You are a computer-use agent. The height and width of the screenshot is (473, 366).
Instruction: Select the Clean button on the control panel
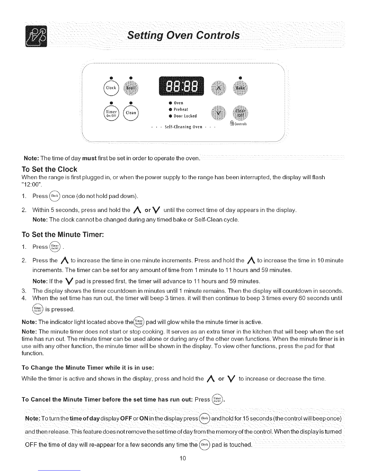(131, 113)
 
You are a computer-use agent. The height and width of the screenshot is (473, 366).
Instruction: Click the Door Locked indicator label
(184, 116)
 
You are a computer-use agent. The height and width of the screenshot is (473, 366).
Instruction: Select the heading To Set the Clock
(50, 169)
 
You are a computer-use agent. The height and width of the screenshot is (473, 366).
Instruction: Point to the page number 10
(183, 458)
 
